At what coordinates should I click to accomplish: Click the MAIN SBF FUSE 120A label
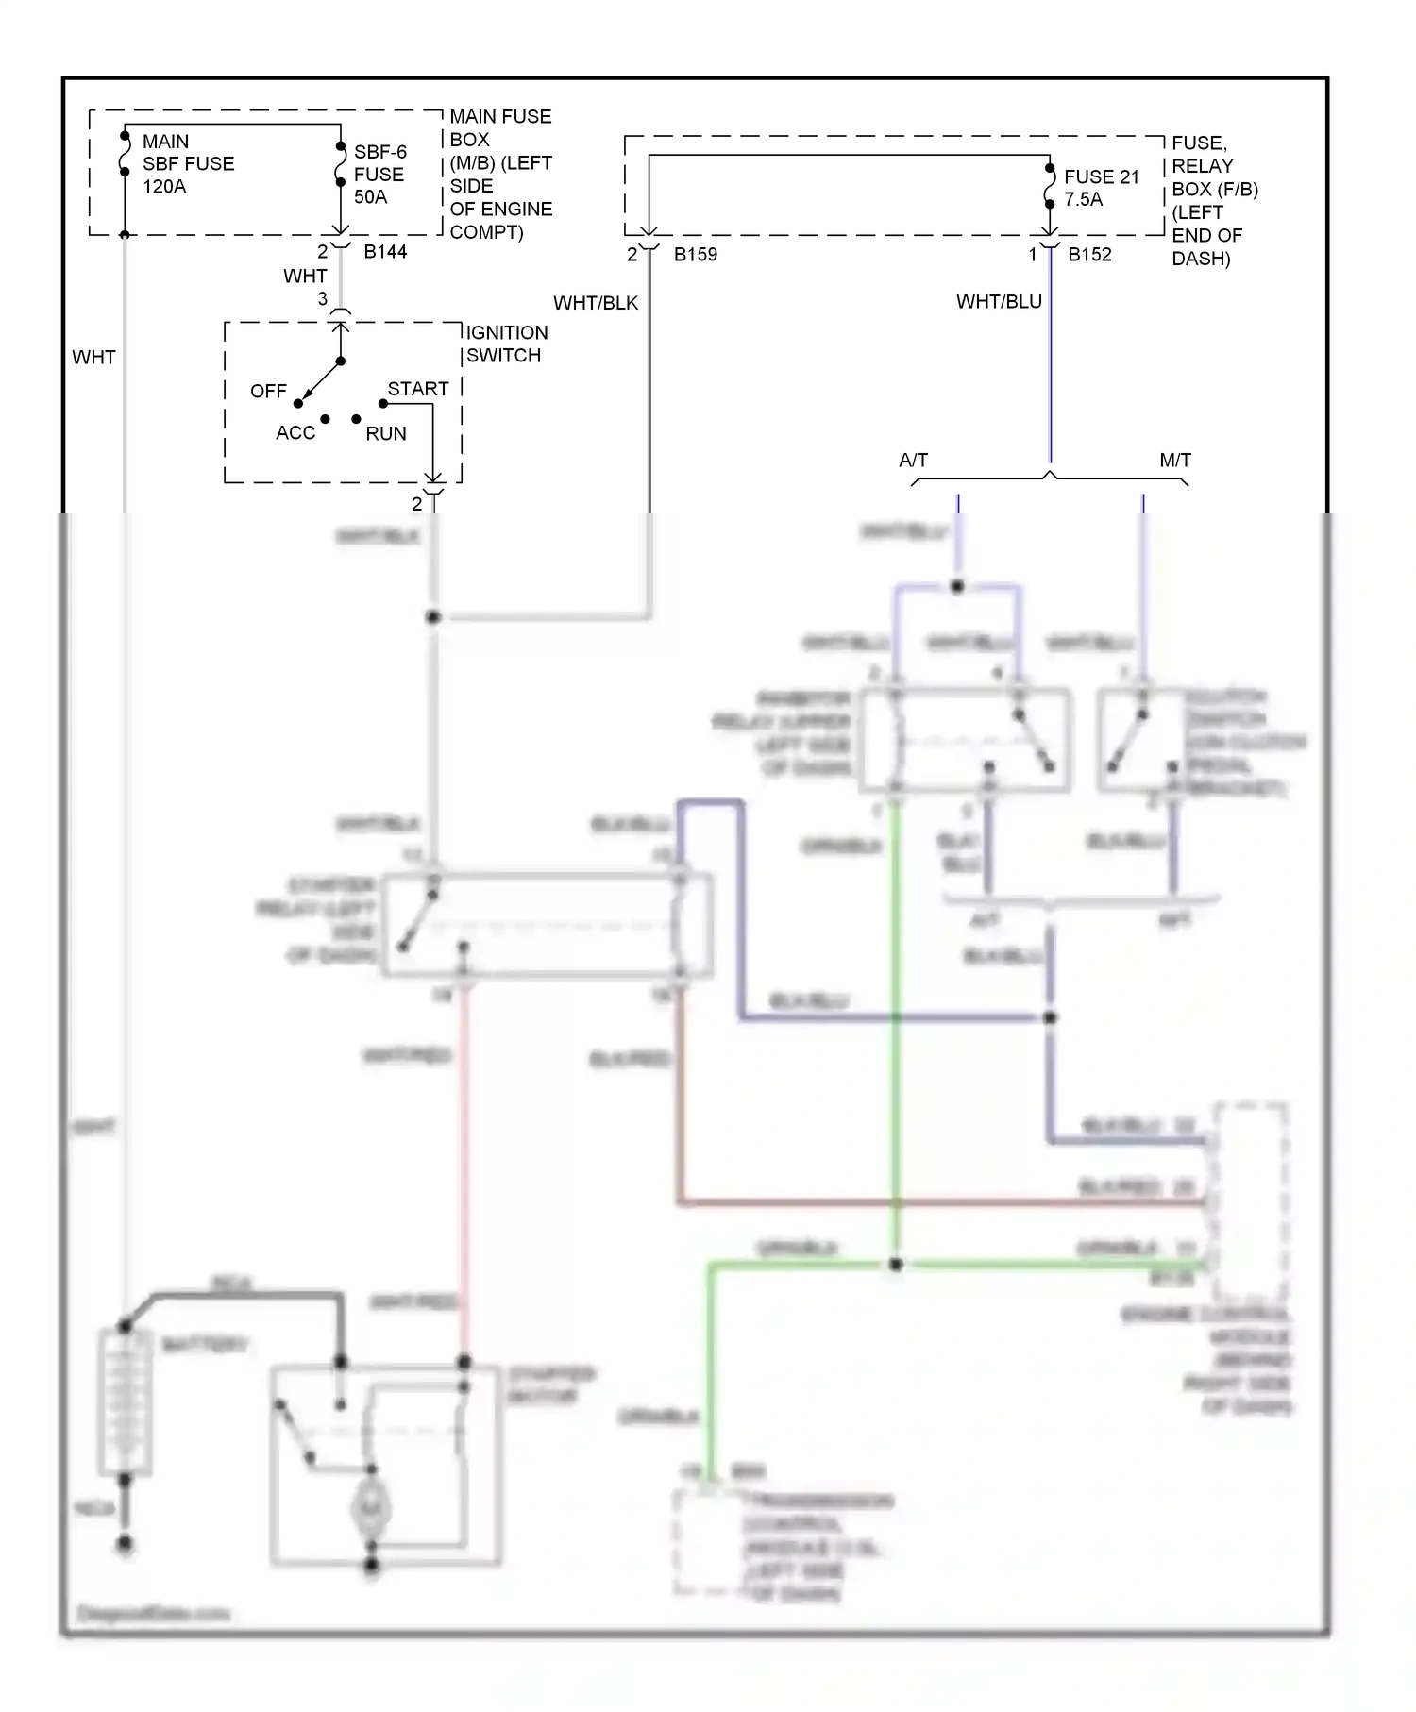pyautogui.click(x=187, y=164)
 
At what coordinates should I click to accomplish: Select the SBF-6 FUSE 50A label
pyautogui.click(x=379, y=175)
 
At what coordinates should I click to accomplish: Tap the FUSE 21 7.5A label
pyautogui.click(x=1101, y=188)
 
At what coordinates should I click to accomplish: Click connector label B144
pyautogui.click(x=385, y=252)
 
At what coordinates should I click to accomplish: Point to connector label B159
pyautogui.click(x=695, y=255)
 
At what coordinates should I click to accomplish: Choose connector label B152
pyautogui.click(x=1089, y=255)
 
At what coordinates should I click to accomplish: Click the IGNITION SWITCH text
pyautogui.click(x=506, y=344)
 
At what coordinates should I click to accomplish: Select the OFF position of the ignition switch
pyautogui.click(x=268, y=391)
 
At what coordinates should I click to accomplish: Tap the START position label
pyautogui.click(x=417, y=389)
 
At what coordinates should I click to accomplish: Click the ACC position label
pyautogui.click(x=295, y=433)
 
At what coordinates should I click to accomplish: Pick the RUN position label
pyautogui.click(x=385, y=434)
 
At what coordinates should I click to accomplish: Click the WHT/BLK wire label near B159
pyautogui.click(x=595, y=303)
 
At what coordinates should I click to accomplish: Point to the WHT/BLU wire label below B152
pyautogui.click(x=998, y=302)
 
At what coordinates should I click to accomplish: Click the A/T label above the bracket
pyautogui.click(x=913, y=461)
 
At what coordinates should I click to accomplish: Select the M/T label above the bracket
pyautogui.click(x=1174, y=461)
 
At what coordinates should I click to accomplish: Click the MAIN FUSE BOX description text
pyautogui.click(x=499, y=175)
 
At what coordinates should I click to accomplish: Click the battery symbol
pyautogui.click(x=125, y=1401)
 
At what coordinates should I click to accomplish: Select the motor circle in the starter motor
pyautogui.click(x=371, y=1508)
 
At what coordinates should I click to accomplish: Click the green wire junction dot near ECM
pyautogui.click(x=895, y=1265)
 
